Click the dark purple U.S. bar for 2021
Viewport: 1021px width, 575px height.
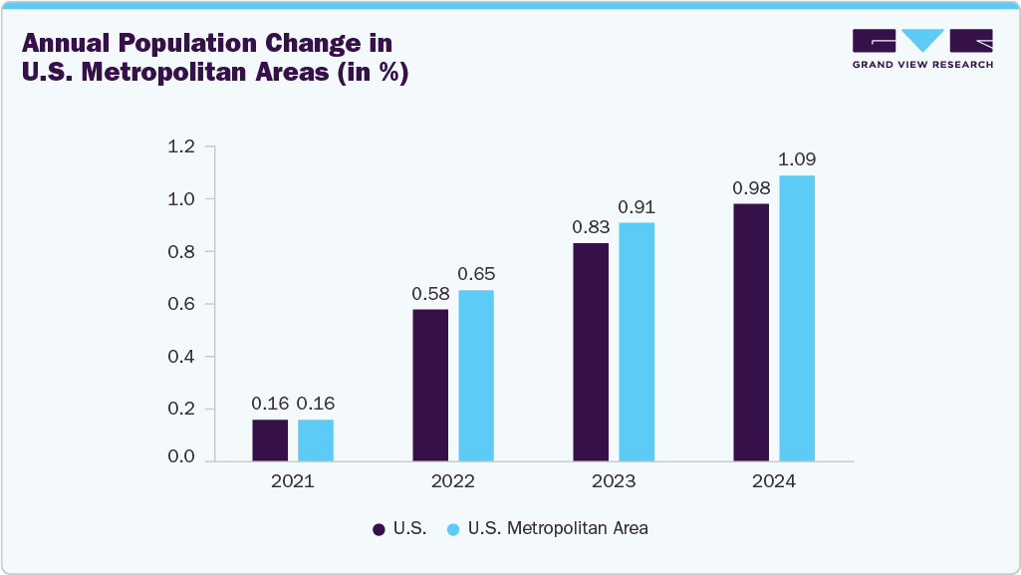point(269,440)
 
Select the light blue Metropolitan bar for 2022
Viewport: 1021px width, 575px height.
point(476,376)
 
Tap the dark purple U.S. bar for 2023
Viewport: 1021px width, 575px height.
point(591,352)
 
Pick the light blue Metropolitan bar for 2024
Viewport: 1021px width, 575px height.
point(797,319)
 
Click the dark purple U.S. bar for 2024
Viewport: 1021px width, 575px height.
point(751,333)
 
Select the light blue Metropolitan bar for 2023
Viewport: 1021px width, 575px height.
point(637,342)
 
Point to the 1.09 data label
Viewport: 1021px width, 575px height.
point(797,159)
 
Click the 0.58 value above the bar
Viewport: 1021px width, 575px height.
point(430,294)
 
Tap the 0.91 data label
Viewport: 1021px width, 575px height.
point(637,207)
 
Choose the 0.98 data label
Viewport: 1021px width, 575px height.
point(751,188)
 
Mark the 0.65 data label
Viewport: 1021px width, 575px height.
point(476,274)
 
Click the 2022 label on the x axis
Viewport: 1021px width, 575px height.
point(453,481)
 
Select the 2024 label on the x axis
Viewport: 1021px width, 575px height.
point(774,481)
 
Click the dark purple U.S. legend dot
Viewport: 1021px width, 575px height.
point(379,529)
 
